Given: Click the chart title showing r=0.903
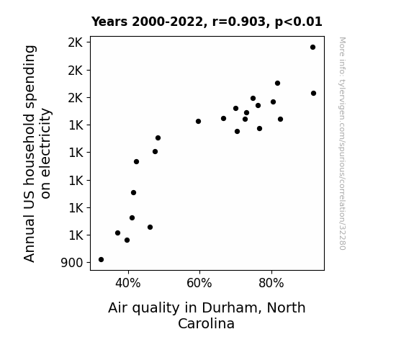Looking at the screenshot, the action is click(207, 22).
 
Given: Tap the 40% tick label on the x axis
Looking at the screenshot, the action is click(128, 284).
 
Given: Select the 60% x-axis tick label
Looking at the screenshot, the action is click(199, 284).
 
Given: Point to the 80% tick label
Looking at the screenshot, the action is click(271, 284).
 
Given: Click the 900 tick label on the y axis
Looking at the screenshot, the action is click(72, 263).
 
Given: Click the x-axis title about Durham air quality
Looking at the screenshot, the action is click(207, 315).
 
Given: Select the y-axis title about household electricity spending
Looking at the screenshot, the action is click(37, 153).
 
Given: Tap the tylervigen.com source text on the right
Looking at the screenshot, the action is click(342, 143).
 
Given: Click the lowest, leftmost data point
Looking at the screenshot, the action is click(101, 260).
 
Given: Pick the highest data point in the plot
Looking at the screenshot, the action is click(313, 48).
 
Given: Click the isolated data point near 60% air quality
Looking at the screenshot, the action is click(198, 121).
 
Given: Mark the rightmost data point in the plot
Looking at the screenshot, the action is click(313, 93).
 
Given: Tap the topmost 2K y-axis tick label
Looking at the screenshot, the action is click(76, 42).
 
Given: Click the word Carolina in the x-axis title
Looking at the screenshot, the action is click(206, 323).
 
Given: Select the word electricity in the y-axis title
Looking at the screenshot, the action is click(45, 153).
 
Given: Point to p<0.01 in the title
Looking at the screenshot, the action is click(299, 22).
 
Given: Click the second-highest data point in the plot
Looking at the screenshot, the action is click(277, 84).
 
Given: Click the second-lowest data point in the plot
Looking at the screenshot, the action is click(127, 240).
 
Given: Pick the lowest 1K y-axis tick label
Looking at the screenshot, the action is click(76, 235).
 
